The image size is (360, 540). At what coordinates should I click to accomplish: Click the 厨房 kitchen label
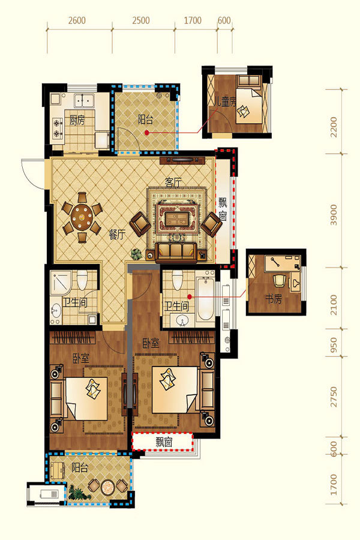point(77,120)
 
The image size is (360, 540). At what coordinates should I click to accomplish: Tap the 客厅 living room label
point(173,182)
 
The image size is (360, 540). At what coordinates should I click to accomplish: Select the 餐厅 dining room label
point(117,235)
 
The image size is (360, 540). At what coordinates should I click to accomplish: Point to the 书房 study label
point(273,299)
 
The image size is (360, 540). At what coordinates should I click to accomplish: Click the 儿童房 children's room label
point(224,102)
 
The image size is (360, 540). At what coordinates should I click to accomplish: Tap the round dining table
point(82,217)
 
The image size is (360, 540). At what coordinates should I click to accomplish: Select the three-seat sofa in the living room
point(176,252)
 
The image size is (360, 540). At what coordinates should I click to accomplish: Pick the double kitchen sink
point(84,100)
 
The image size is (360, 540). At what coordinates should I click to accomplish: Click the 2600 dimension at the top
point(77,20)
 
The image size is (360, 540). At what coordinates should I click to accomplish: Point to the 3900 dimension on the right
point(334,215)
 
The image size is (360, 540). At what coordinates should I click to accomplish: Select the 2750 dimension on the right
point(334,397)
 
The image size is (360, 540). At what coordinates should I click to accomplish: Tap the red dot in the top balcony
point(147,133)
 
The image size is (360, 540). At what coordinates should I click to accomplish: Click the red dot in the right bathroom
point(190,296)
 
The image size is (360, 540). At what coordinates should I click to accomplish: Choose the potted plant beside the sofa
point(136,254)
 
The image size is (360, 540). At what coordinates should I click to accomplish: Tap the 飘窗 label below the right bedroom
point(164,442)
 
